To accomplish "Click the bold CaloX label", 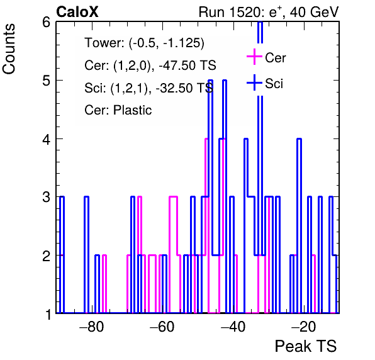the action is (x=77, y=12).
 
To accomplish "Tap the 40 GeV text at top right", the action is (x=314, y=12).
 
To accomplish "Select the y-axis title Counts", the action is (x=9, y=49).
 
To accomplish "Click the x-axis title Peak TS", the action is (x=306, y=346).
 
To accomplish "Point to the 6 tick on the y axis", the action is (x=46, y=23).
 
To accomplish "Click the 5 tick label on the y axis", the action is (x=46, y=81).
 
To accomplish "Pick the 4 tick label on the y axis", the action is (x=46, y=139).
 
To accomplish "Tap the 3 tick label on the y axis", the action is (x=46, y=198).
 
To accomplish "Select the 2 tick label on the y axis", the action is (x=46, y=256).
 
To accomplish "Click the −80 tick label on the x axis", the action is (x=92, y=327).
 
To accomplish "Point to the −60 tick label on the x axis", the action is (x=162, y=327).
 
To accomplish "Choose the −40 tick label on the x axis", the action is (x=233, y=327).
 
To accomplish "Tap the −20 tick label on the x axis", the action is (x=303, y=327).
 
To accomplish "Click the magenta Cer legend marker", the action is (x=254, y=57).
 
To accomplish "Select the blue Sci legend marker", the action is (x=254, y=82).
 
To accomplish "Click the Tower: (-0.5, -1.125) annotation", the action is (x=145, y=43).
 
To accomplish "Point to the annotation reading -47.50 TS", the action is (x=187, y=65).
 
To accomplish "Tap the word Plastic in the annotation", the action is (x=133, y=110).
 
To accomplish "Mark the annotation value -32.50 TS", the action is (x=184, y=87).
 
